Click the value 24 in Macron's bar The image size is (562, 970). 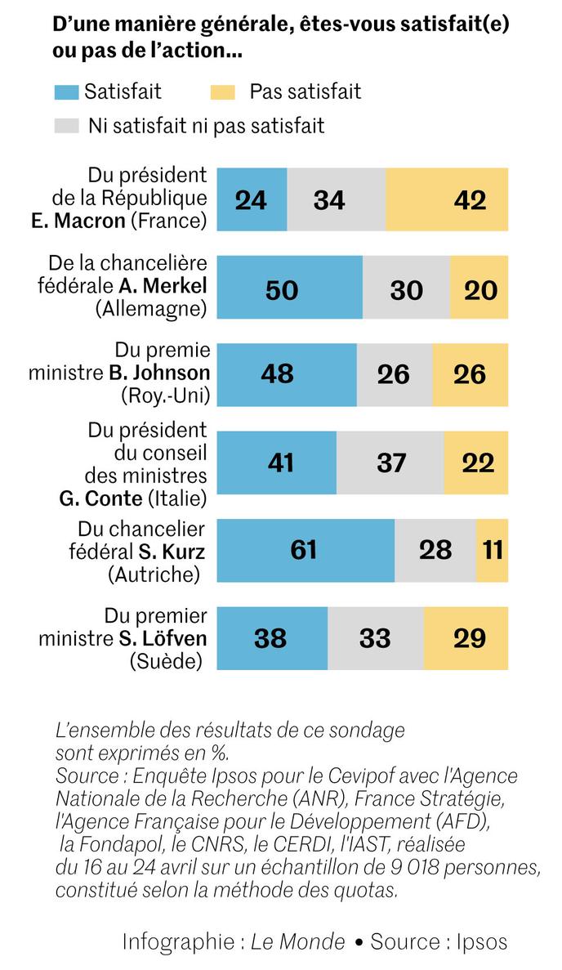coord(251,200)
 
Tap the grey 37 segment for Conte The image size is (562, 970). coord(390,463)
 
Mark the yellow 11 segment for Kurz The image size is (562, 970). coord(493,550)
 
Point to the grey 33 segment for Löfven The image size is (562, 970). coord(375,637)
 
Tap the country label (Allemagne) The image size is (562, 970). coord(151,308)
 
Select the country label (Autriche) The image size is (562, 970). coord(154,574)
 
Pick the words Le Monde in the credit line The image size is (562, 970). coord(297,941)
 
